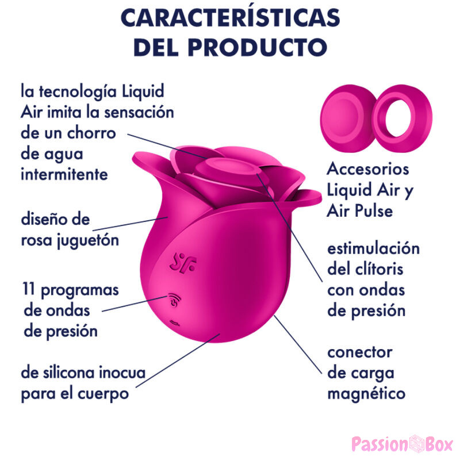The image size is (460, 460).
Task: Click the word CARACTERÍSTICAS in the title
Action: [x=231, y=18]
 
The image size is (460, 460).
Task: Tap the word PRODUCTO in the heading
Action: [x=257, y=47]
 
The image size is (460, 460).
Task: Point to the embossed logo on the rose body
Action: [x=183, y=263]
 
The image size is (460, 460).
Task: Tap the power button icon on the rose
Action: [x=175, y=300]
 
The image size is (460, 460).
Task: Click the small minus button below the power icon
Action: [x=175, y=323]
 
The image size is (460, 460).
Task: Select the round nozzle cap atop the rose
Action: [x=227, y=169]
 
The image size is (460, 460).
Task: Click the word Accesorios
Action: [x=368, y=169]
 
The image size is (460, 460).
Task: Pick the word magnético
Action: [x=366, y=394]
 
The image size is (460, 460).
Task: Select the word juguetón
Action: [x=88, y=240]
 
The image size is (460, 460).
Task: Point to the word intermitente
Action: [x=64, y=174]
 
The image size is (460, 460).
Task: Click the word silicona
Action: [x=69, y=373]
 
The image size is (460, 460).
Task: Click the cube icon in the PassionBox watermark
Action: [x=417, y=443]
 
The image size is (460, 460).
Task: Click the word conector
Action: [x=360, y=352]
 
